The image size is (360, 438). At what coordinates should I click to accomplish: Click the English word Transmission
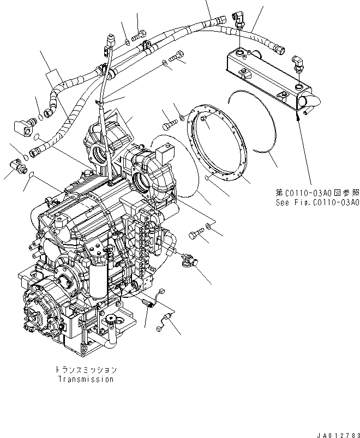[x=87, y=379]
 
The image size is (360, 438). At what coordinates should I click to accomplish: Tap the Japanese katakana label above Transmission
[x=87, y=370]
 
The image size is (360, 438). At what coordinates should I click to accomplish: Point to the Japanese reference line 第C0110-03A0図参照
[x=317, y=193]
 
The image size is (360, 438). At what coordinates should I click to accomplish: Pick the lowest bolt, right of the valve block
[x=196, y=235]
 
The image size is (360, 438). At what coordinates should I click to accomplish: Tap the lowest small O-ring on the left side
[x=31, y=175]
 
